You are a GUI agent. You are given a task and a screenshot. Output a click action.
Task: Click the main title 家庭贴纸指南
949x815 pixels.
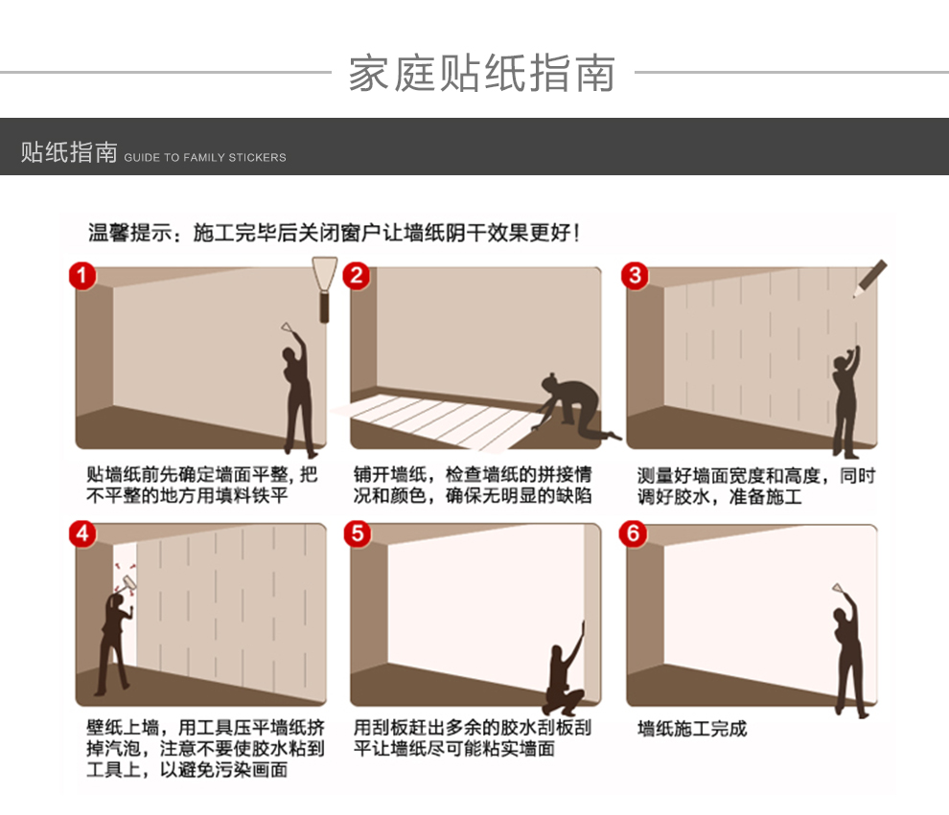click(x=482, y=73)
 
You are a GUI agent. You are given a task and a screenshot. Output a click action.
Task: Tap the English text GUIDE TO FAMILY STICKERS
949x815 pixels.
click(x=205, y=157)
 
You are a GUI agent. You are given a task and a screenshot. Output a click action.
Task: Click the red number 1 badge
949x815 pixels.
click(x=82, y=276)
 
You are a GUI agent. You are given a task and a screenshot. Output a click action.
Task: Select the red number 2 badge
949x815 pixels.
click(x=357, y=276)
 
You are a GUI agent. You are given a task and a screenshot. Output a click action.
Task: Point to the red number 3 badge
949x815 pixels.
click(x=635, y=276)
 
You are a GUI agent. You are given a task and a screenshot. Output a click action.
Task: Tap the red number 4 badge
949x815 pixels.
click(x=82, y=533)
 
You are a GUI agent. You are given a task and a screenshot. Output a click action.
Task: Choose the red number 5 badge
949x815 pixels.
click(x=358, y=533)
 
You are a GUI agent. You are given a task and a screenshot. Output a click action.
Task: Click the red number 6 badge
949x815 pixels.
click(x=633, y=533)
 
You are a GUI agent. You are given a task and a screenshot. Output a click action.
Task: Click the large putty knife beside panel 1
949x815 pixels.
click(x=324, y=289)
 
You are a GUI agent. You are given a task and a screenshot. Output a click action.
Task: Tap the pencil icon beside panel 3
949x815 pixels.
click(x=869, y=279)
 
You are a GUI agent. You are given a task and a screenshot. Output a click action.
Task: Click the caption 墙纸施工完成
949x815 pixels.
click(x=692, y=728)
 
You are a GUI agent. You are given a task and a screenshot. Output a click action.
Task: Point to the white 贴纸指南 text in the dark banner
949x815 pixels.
click(x=69, y=152)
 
